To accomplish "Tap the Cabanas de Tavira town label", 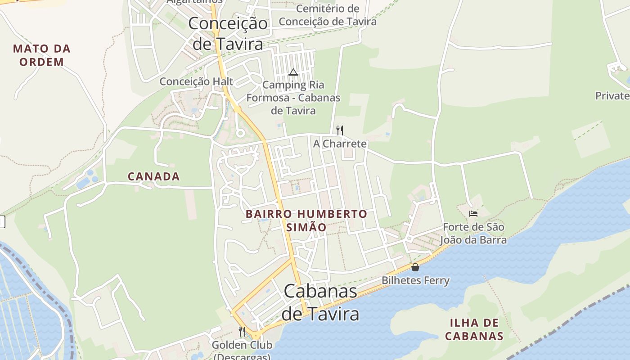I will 320,302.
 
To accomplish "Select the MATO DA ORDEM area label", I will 42,55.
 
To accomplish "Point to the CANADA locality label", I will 154,176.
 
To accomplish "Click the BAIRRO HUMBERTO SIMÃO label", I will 306,220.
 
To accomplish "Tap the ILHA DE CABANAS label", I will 474,329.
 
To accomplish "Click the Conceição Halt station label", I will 197,81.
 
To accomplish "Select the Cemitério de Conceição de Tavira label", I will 328,15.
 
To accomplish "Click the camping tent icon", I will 293,72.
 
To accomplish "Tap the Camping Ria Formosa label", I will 293,98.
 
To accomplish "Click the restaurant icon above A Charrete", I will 340,130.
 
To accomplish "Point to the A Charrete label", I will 340,144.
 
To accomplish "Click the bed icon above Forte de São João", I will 473,214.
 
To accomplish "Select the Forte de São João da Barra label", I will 473,234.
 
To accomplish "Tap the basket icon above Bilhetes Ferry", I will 415,267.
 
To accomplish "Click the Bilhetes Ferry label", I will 415,280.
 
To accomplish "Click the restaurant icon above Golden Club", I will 242,332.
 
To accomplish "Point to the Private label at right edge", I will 612,96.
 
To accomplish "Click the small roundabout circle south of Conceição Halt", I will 240,133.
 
